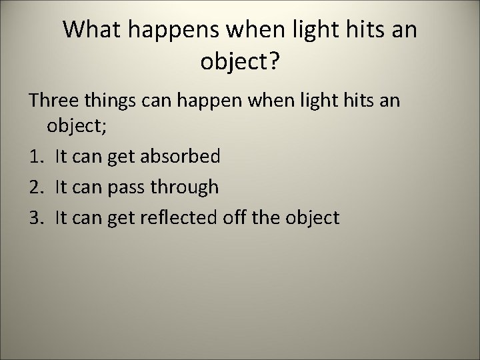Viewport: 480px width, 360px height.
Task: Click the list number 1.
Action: pos(34,157)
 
